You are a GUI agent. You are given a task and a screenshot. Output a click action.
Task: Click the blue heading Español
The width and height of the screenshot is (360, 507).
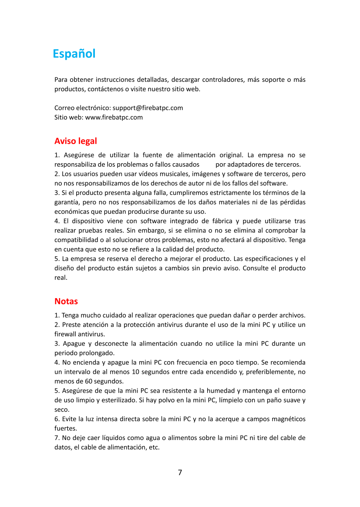point(74,54)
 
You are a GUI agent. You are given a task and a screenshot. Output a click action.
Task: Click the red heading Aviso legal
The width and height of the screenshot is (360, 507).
point(75,141)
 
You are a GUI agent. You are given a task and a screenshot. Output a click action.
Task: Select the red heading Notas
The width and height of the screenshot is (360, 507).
point(66,301)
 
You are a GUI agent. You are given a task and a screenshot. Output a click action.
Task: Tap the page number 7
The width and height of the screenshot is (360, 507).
point(180,473)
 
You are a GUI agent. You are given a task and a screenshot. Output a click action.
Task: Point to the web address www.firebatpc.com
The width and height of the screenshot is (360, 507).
point(114,117)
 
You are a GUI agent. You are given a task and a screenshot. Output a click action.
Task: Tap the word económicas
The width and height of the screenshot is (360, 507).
point(71,212)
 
